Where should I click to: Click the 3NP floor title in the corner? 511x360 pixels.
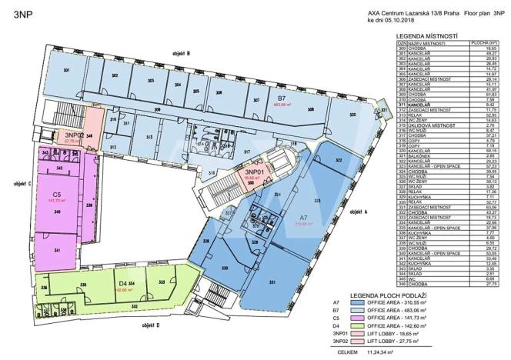pos(18,13)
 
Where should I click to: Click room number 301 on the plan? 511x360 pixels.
pos(67,72)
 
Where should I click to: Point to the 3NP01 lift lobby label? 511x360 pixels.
pos(254,173)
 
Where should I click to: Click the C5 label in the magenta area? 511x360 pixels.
pos(56,195)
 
